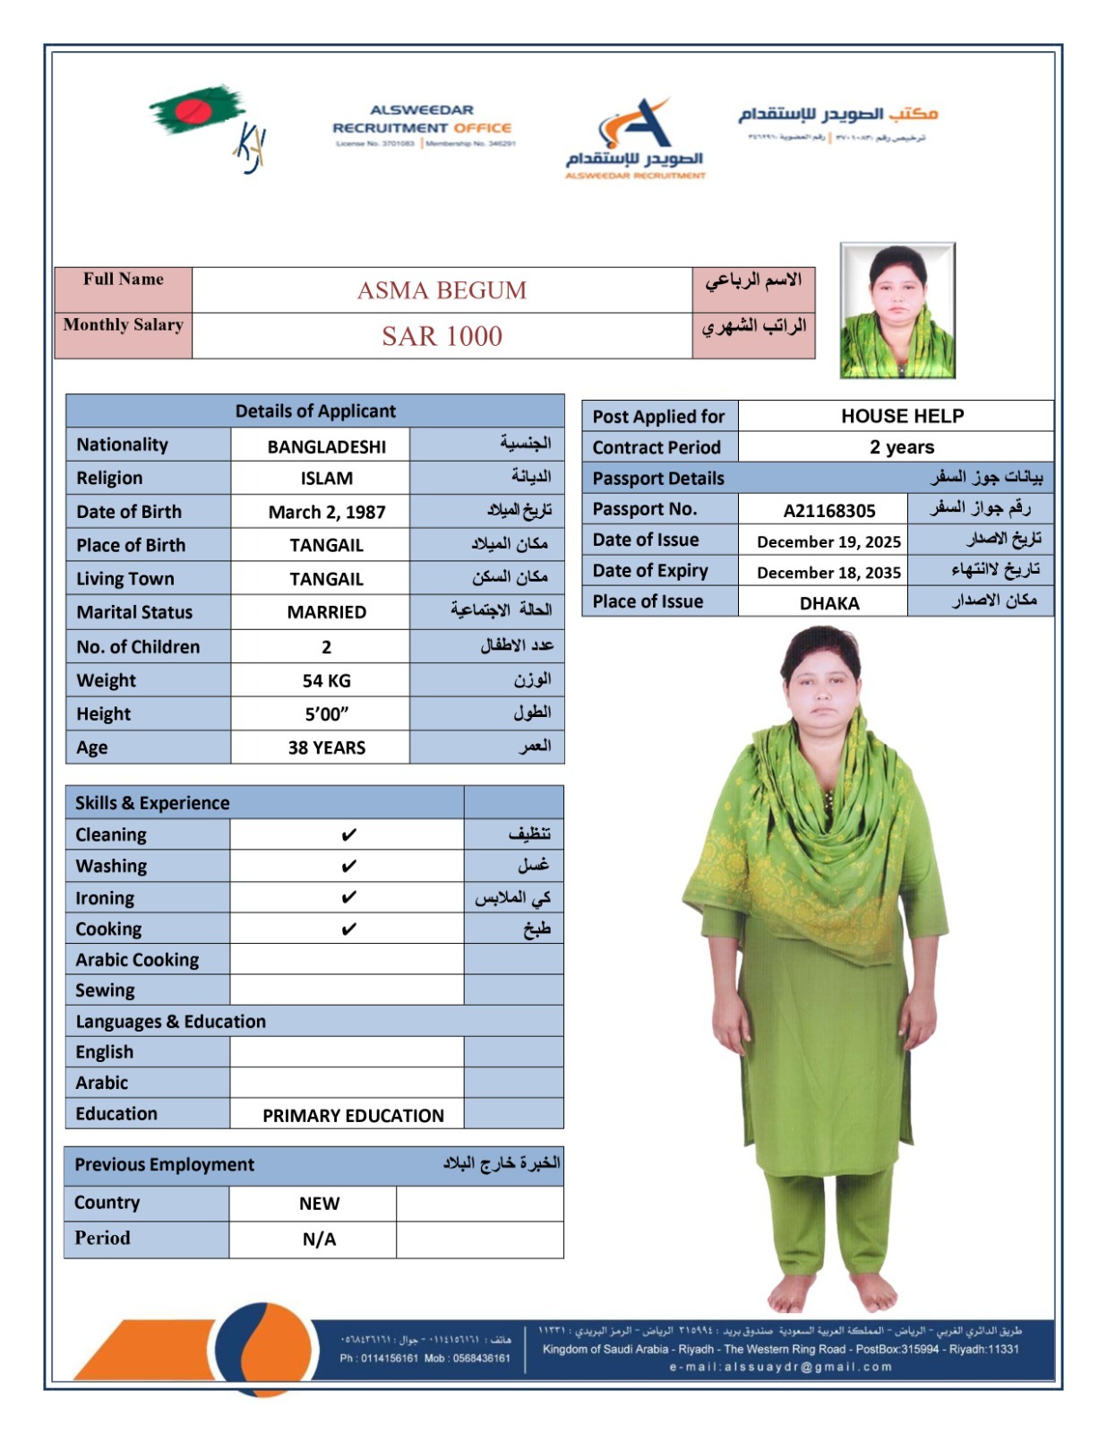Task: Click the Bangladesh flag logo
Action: (x=196, y=111)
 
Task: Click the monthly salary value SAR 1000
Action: (x=442, y=336)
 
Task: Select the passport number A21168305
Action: (x=828, y=511)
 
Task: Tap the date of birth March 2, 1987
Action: (x=327, y=512)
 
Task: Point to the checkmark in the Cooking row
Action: (x=348, y=929)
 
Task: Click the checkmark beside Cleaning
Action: (x=348, y=835)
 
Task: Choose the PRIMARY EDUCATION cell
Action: (x=353, y=1116)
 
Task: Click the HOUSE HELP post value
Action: (x=902, y=416)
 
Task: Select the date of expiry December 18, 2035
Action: (x=828, y=573)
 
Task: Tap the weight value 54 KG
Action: (x=326, y=680)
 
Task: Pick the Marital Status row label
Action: (x=134, y=612)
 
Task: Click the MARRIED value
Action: (x=326, y=612)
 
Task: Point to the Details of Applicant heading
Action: (x=315, y=411)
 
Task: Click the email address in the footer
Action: (x=780, y=1367)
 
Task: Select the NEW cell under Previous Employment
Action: (x=319, y=1204)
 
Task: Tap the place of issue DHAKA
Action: (x=828, y=603)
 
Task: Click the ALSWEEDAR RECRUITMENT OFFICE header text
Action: (x=422, y=119)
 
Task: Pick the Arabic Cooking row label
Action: (x=137, y=960)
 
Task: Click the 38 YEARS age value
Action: (x=326, y=747)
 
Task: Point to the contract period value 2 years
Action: (x=902, y=447)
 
